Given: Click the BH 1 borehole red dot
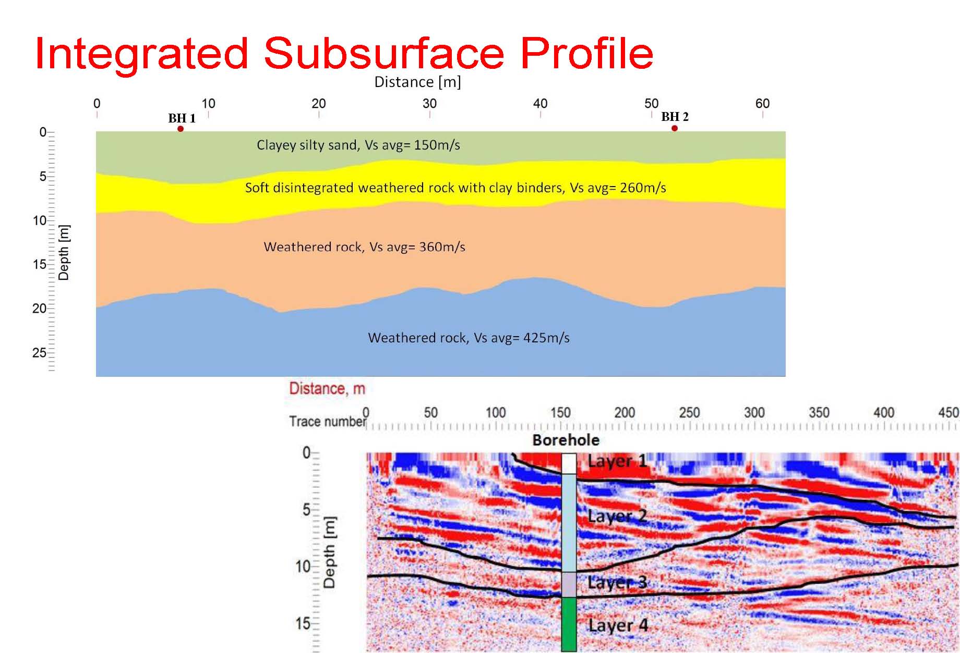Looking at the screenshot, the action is [181, 129].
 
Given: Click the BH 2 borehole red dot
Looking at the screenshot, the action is [675, 128].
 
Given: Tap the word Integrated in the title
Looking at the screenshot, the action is [141, 54].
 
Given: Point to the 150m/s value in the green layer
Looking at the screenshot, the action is [437, 145].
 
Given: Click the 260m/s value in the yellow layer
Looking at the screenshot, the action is [643, 188].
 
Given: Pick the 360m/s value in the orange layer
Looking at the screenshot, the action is [442, 247].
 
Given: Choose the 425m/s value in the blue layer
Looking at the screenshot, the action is [546, 338].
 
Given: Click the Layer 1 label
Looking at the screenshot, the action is [617, 461].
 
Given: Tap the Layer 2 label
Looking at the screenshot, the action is [617, 516].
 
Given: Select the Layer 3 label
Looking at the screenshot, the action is [617, 582].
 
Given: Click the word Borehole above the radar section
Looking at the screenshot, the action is [566, 440].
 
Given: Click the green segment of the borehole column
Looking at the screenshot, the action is [569, 624].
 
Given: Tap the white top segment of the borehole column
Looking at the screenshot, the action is [569, 463].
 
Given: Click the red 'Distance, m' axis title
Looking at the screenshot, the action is [327, 389].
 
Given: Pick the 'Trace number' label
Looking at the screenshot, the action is [328, 421].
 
